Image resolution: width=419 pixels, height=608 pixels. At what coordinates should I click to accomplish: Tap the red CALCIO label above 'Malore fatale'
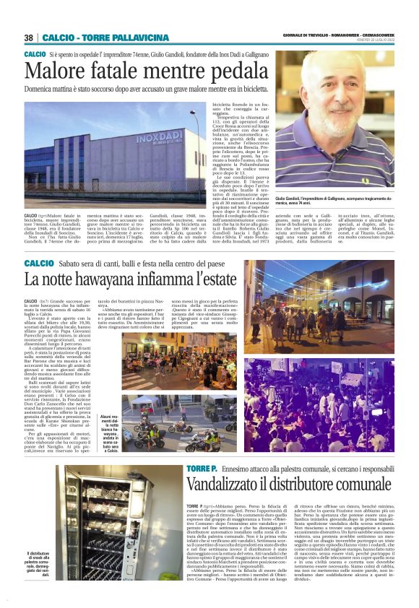(35, 55)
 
